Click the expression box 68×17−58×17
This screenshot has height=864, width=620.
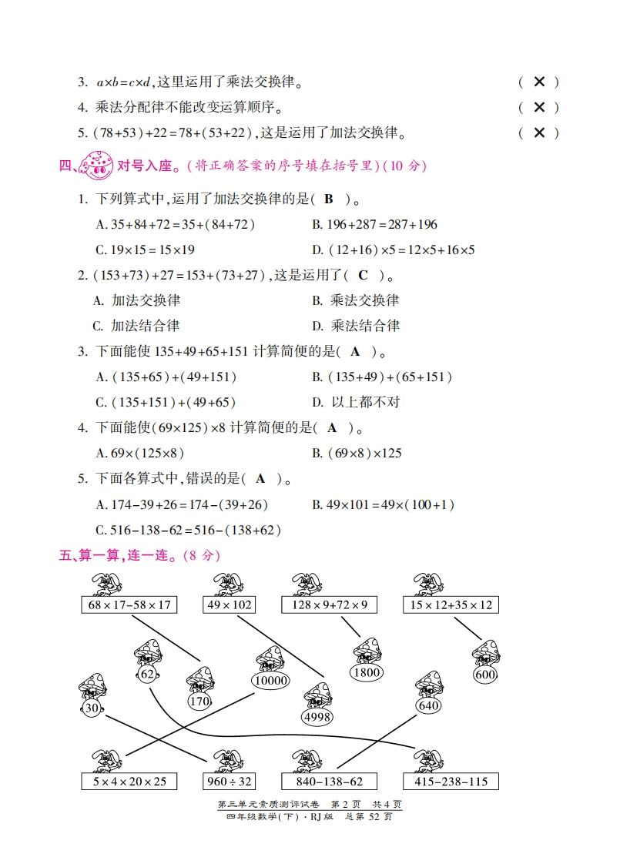pyautogui.click(x=129, y=604)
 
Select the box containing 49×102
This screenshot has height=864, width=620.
pyautogui.click(x=230, y=604)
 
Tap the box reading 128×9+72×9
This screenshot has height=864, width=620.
pyautogui.click(x=329, y=604)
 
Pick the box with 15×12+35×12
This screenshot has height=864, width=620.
pyautogui.click(x=451, y=604)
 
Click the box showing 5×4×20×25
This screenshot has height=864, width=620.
pyautogui.click(x=129, y=782)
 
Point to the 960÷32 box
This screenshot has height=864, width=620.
pyautogui.click(x=230, y=782)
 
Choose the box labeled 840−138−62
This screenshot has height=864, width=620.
pyautogui.click(x=329, y=782)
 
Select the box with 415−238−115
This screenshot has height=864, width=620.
pyautogui.click(x=451, y=782)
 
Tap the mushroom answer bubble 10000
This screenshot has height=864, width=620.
pyautogui.click(x=270, y=681)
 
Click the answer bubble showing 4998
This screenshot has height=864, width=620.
pyautogui.click(x=317, y=717)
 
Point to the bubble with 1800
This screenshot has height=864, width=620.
pyautogui.click(x=367, y=672)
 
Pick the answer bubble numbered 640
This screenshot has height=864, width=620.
pyautogui.click(x=429, y=706)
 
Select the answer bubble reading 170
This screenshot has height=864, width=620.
pyautogui.click(x=199, y=702)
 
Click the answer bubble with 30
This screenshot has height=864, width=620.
pyautogui.click(x=92, y=708)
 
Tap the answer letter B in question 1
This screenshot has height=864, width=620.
pyautogui.click(x=328, y=199)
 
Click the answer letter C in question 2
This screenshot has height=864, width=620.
pyautogui.click(x=363, y=275)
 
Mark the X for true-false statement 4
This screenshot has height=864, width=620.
pyautogui.click(x=540, y=107)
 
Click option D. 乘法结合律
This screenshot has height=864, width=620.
pyautogui.click(x=356, y=326)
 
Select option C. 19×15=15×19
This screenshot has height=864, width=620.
pyautogui.click(x=145, y=249)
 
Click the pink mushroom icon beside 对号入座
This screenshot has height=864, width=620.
pyautogui.click(x=96, y=165)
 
